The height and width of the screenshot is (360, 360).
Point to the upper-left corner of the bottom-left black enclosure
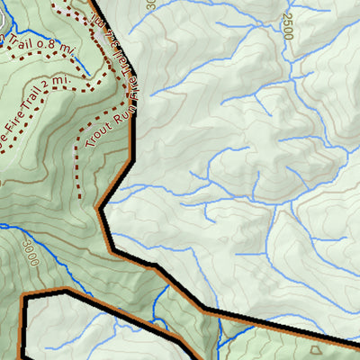point(25,298)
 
